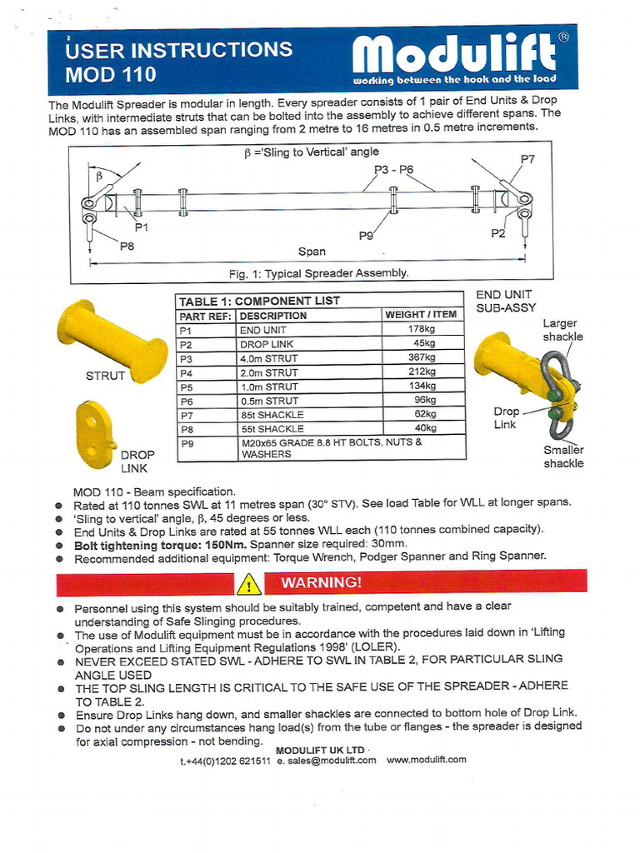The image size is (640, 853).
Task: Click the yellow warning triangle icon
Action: point(248,584)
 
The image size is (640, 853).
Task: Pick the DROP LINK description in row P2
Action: point(267,344)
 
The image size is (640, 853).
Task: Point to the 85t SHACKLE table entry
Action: point(272,414)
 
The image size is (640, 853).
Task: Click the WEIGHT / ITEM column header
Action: point(421,315)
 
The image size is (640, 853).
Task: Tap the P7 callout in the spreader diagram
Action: point(527,158)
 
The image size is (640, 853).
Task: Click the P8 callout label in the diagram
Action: point(127,246)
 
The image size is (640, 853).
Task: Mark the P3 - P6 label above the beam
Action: point(393,169)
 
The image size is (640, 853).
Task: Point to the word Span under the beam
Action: point(312,251)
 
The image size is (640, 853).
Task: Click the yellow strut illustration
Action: point(112,341)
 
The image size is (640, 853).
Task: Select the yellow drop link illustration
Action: point(94,434)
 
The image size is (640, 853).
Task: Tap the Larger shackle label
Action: point(562,330)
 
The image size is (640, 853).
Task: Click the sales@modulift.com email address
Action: point(327,760)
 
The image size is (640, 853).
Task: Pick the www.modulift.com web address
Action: point(427,760)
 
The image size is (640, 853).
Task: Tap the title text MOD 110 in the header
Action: point(111,74)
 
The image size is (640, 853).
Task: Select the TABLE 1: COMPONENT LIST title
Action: point(259,301)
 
